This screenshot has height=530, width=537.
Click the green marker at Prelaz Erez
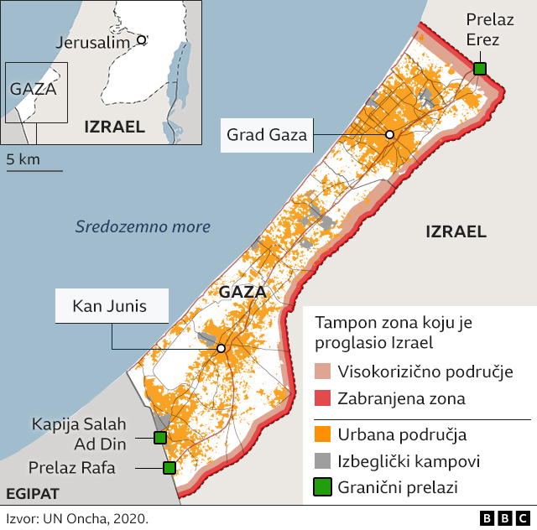pos(479,69)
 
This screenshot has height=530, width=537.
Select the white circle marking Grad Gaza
pos(389,135)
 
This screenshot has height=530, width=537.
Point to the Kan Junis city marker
pos(221,348)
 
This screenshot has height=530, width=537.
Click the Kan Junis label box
pos(110,306)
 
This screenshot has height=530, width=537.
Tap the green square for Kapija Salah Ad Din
pos(159,437)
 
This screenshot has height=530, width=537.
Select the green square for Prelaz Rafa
pos(169,468)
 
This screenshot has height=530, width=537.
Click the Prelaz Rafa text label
pos(73,468)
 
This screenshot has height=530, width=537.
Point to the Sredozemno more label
pos(143,226)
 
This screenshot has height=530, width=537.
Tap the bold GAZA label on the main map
pos(242,293)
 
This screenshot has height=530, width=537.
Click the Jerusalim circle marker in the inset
pos(142,39)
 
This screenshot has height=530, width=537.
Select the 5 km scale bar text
pos(23,158)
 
